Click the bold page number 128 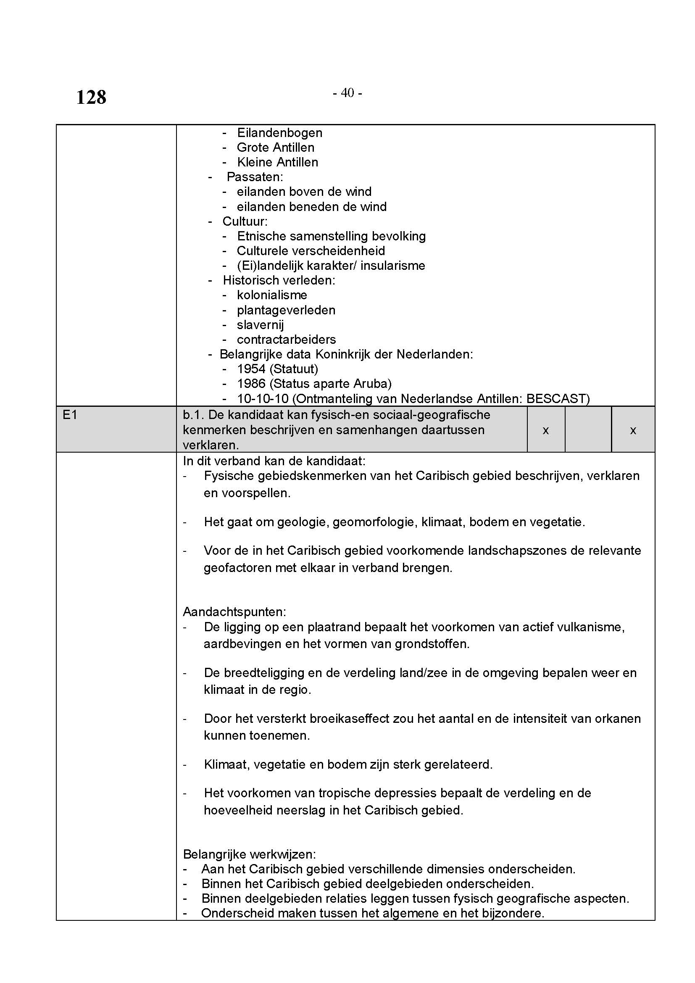tap(91, 97)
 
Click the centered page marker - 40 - tap(347, 92)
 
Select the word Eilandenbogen tap(279, 133)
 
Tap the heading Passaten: tap(255, 177)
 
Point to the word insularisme tap(392, 266)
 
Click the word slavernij tap(260, 324)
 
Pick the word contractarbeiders tap(286, 340)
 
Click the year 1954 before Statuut tap(251, 369)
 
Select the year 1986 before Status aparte tap(251, 384)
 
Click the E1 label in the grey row tap(70, 414)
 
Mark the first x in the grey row tap(546, 430)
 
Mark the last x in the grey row tap(633, 430)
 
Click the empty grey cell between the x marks tap(588, 429)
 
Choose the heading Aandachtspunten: tap(234, 611)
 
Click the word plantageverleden tap(286, 310)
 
